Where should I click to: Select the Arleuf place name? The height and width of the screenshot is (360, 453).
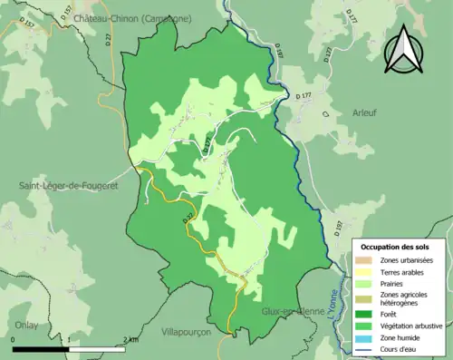click(x=364, y=112)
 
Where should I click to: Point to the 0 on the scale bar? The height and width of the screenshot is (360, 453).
click(x=14, y=340)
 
